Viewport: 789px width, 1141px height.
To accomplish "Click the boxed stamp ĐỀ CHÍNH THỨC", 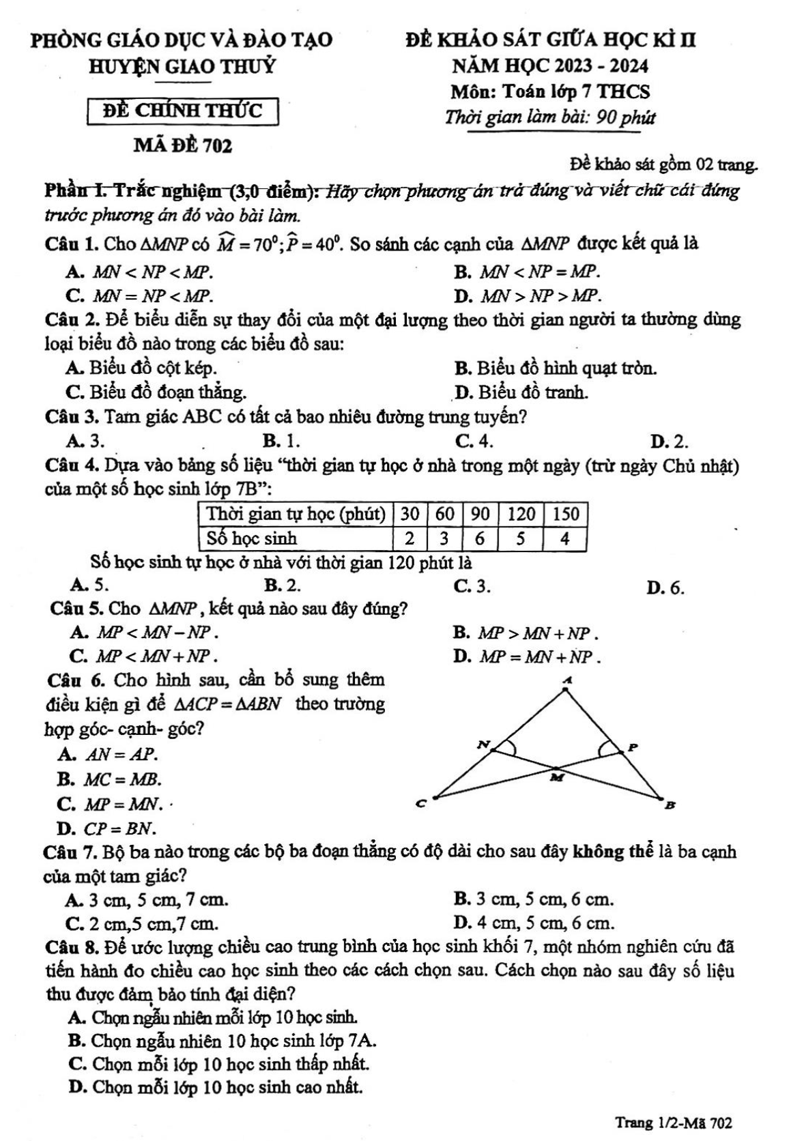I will tap(183, 111).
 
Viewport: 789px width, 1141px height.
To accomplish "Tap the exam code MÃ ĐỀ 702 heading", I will tap(183, 145).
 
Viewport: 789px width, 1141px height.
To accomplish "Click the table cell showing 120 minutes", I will tap(520, 513).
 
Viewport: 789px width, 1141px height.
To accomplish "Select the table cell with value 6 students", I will tap(480, 538).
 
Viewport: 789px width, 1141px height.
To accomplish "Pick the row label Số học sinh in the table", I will tap(253, 538).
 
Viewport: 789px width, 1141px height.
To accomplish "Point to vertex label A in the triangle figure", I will tap(566, 680).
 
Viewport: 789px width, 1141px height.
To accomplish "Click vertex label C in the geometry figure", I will tap(421, 805).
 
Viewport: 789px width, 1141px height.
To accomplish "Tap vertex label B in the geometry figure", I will tap(670, 806).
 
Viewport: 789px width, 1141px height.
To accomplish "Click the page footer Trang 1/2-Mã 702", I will tap(674, 1121).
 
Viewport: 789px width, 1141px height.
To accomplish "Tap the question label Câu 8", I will tap(69, 947).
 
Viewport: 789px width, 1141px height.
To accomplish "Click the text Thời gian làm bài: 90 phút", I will tap(550, 117).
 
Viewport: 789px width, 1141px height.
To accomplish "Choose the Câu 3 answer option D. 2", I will tap(670, 442).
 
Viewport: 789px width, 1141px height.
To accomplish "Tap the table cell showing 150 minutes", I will tap(565, 513).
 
